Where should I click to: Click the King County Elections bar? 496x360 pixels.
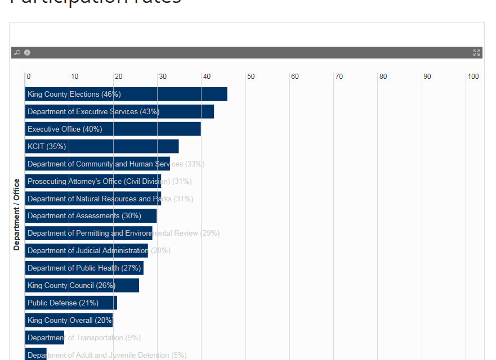click(x=126, y=94)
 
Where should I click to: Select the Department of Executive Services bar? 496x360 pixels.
click(x=119, y=112)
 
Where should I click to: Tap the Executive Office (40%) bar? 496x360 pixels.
click(x=113, y=129)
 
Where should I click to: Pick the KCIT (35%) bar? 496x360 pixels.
click(x=102, y=147)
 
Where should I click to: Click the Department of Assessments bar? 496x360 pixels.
click(x=91, y=216)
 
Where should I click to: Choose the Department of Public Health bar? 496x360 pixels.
click(x=84, y=268)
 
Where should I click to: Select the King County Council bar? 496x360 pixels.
click(x=82, y=286)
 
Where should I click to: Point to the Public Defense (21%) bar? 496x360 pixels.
click(x=71, y=303)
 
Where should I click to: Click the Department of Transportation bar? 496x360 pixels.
click(x=44, y=338)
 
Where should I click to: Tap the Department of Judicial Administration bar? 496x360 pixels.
click(x=87, y=251)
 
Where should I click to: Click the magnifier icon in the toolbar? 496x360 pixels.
click(x=17, y=53)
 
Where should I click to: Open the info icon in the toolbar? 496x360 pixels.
click(x=27, y=53)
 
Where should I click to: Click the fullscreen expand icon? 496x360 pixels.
click(x=476, y=53)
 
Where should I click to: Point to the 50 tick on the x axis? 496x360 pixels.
click(x=251, y=76)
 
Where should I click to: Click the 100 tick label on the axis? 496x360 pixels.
click(x=473, y=76)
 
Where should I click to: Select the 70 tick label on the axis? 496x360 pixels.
click(x=339, y=76)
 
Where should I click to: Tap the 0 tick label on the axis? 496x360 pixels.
click(x=29, y=76)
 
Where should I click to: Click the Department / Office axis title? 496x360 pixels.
click(x=17, y=214)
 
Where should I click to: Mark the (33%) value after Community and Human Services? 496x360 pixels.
click(x=195, y=164)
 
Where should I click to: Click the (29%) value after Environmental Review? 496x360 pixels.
click(x=210, y=233)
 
